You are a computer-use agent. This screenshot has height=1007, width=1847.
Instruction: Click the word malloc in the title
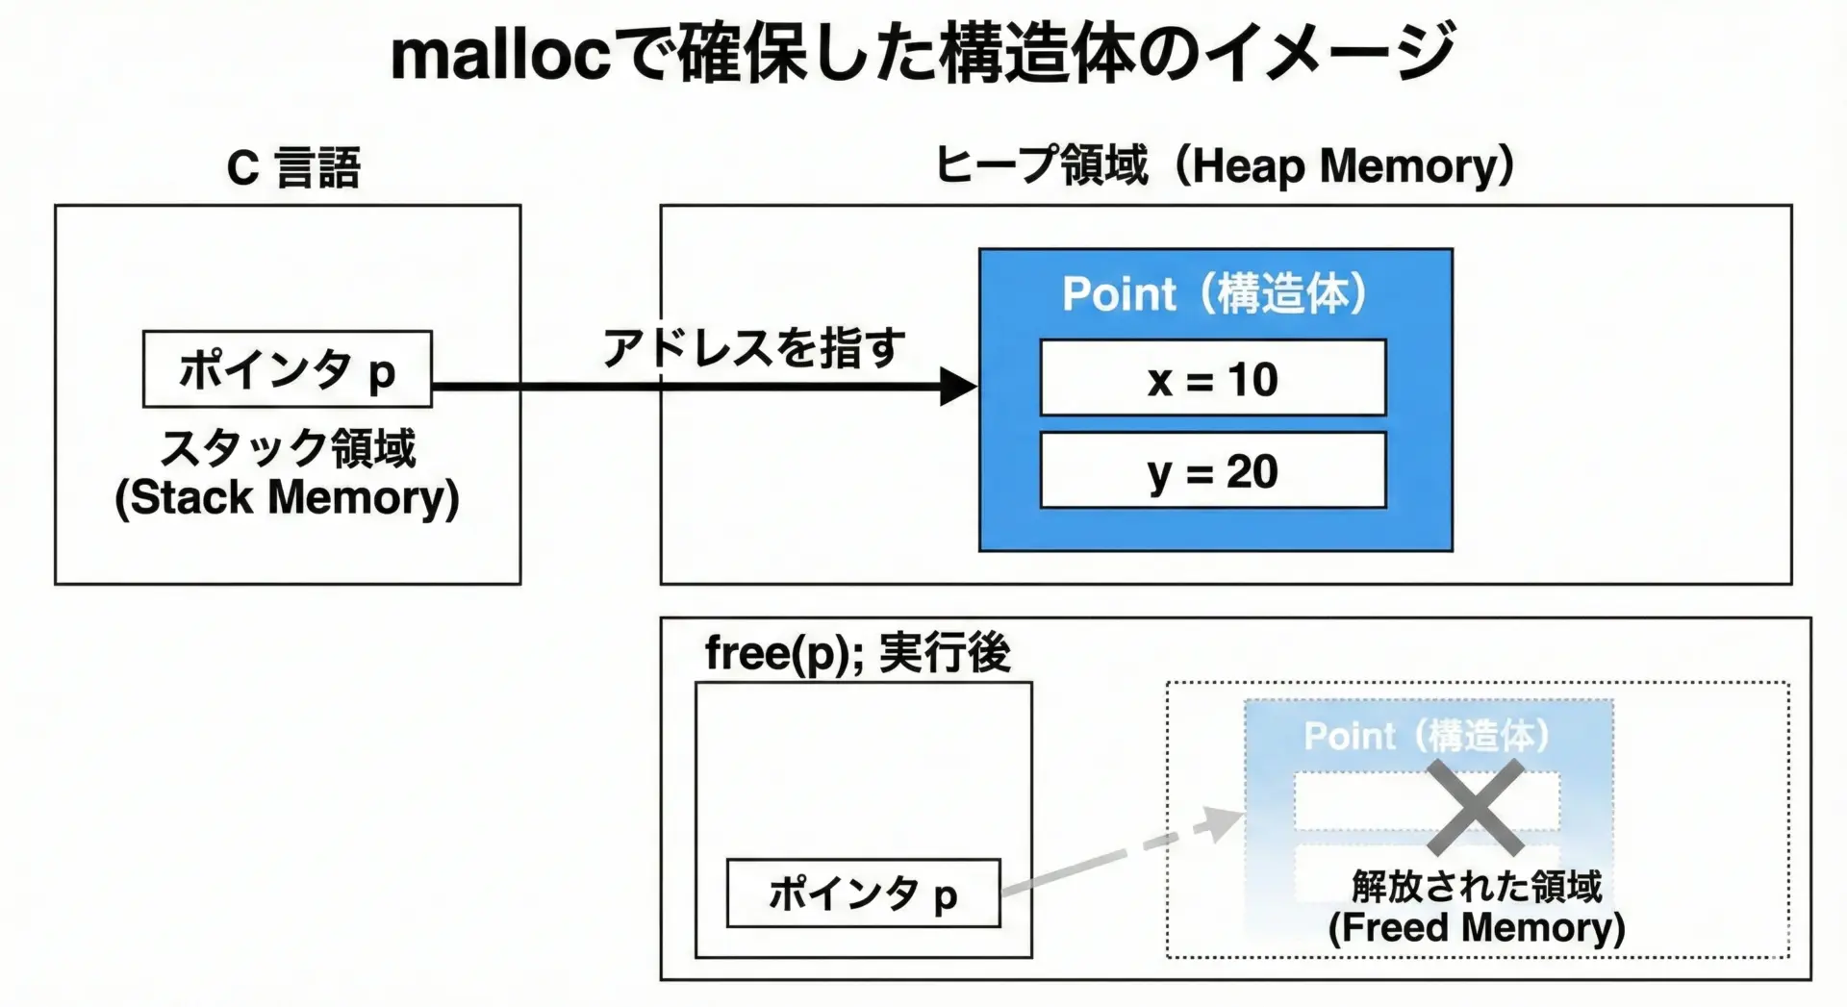coord(500,56)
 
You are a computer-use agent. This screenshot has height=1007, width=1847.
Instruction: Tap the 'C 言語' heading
coord(293,168)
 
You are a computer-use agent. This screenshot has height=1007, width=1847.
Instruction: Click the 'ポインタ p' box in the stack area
coord(287,370)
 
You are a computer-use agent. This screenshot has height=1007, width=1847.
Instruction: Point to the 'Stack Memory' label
coord(287,498)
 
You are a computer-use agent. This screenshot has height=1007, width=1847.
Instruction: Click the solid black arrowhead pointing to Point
coord(957,387)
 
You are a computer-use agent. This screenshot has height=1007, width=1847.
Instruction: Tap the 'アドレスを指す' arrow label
coord(753,348)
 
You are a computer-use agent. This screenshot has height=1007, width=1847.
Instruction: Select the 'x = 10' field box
coord(1212,378)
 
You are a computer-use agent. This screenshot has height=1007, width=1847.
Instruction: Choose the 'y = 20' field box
coord(1212,471)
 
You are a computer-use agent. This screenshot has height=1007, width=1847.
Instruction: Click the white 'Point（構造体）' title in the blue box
coord(1214,293)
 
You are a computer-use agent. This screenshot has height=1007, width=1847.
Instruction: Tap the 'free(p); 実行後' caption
coord(857,654)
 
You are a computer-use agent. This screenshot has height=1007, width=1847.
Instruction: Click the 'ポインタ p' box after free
coord(863,894)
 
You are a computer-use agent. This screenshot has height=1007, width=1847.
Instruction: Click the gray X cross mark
coord(1474,807)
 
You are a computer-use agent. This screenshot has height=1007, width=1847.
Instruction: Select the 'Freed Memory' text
coord(1476,928)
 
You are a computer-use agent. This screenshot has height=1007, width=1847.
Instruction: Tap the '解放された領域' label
coord(1476,886)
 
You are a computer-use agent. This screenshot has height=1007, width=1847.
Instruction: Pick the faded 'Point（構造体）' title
coord(1427,736)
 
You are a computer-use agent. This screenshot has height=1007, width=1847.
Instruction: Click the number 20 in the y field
coord(1252,472)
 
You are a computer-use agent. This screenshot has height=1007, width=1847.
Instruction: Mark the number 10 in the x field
coord(1252,380)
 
